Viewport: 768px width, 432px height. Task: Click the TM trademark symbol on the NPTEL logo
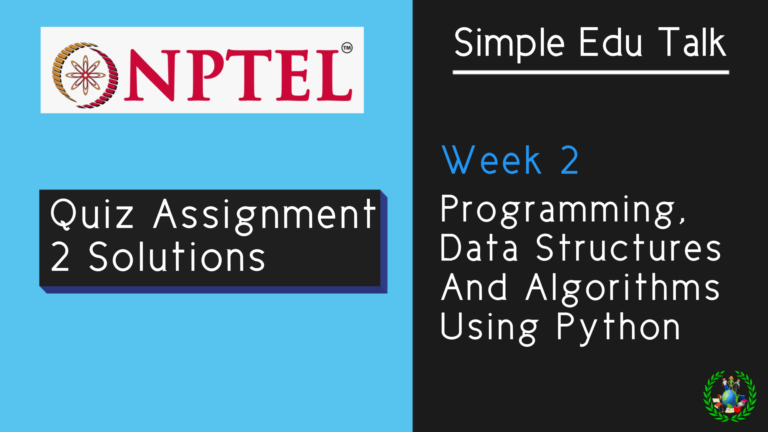[347, 48]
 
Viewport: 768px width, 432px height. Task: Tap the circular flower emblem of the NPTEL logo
[85, 75]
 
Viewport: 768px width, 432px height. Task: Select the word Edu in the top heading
[610, 42]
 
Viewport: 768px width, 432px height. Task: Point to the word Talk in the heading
[692, 42]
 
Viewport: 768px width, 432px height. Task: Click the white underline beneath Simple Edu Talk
[591, 72]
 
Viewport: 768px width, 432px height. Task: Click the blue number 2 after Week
[569, 160]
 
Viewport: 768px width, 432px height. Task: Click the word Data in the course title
[479, 248]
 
